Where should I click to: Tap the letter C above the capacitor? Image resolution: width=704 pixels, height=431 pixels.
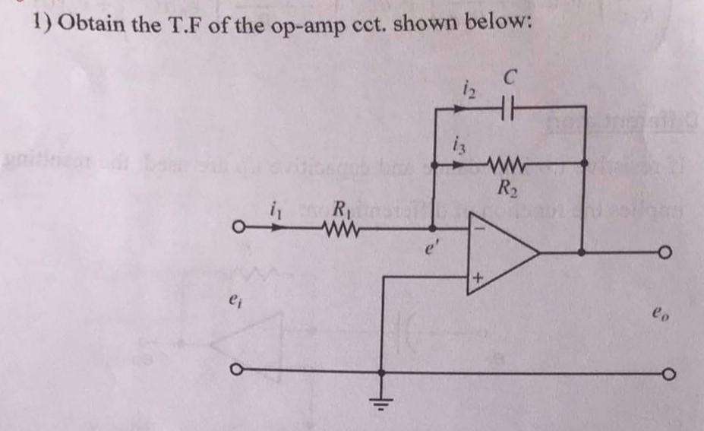tap(511, 76)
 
